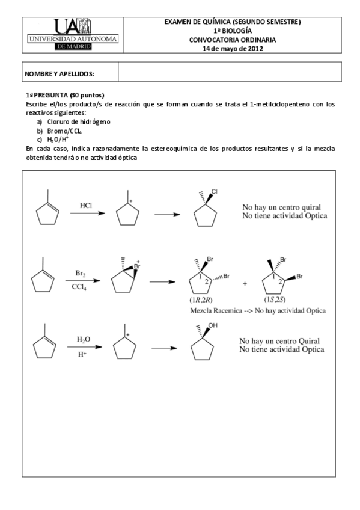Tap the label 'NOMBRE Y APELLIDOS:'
click(59, 73)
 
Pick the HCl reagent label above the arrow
click(86, 206)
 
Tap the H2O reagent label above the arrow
click(84, 340)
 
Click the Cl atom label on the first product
click(214, 192)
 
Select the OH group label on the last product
click(213, 325)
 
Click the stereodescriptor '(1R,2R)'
click(203, 299)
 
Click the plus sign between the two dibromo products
click(245, 283)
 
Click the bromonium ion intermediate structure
click(124, 278)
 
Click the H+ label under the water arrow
click(84, 355)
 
